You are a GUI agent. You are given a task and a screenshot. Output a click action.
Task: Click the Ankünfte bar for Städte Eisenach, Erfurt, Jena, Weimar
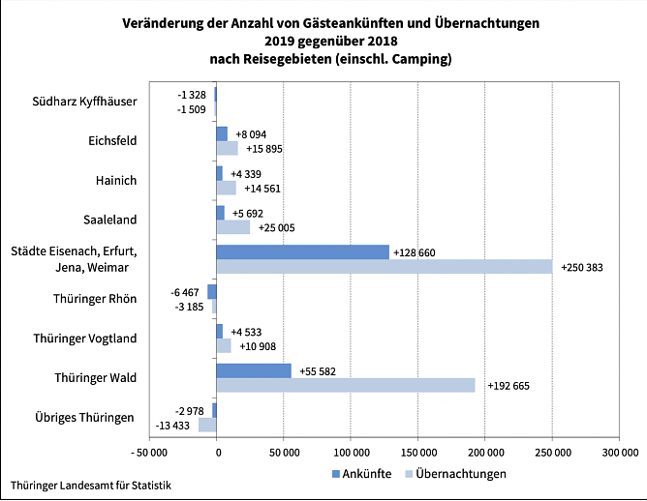coord(302,251)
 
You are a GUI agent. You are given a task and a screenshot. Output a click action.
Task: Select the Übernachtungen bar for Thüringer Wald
coord(346,385)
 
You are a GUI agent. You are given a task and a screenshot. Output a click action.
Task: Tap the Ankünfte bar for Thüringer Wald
coord(254,370)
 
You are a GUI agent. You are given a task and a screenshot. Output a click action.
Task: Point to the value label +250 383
coord(579,267)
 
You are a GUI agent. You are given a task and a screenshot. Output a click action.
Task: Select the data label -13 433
coord(174,425)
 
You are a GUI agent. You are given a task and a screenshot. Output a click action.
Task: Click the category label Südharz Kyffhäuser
coord(84,101)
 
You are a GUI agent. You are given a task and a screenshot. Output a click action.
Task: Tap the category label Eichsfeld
coord(112,140)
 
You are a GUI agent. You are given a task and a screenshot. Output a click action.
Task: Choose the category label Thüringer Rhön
coord(95,299)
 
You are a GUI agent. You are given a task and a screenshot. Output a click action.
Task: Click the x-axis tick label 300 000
coord(619,452)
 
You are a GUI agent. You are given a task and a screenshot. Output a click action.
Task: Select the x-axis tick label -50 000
coord(149,452)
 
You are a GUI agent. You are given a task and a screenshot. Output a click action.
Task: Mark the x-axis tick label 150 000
coord(417,452)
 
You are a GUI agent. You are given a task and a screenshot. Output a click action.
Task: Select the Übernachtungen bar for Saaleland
coord(232,227)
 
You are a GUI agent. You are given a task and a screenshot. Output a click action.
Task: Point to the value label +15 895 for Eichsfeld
coord(263,149)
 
